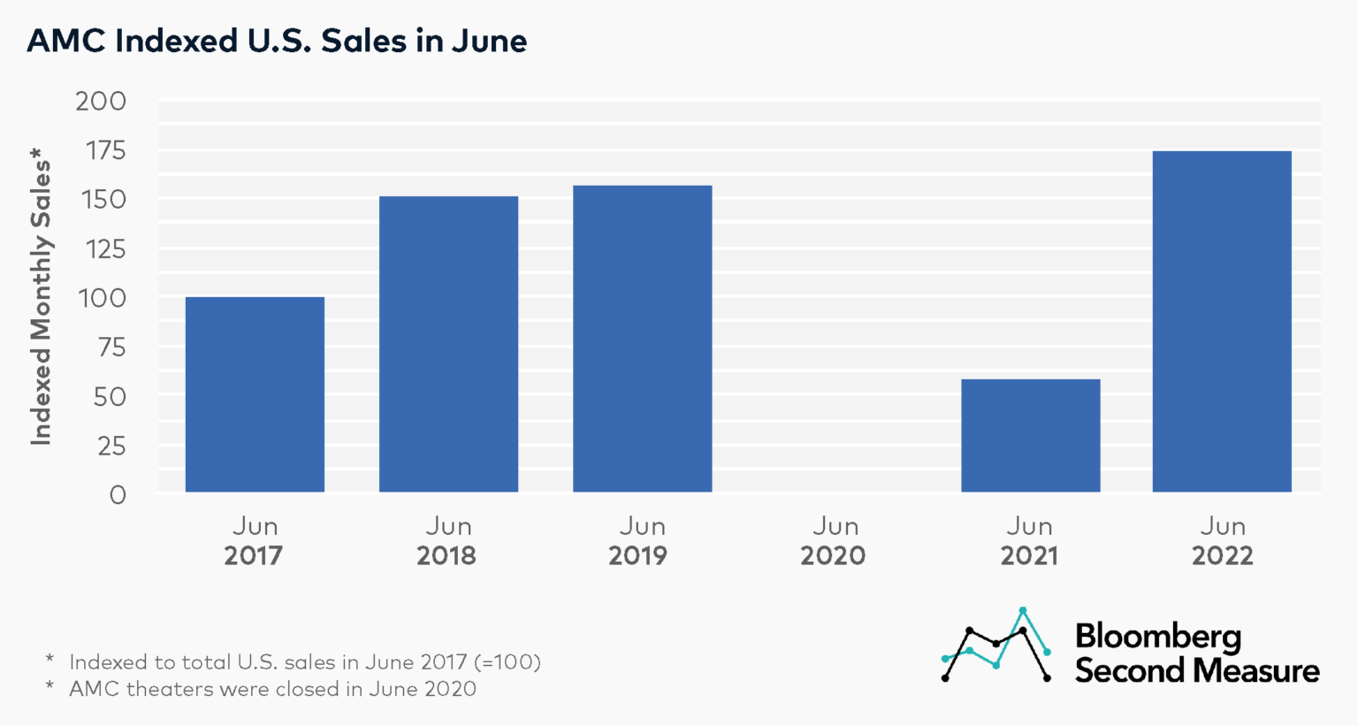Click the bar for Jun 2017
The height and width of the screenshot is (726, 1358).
(x=255, y=394)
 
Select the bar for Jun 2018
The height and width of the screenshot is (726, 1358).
(x=448, y=344)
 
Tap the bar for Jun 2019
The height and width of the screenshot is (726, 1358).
(x=642, y=339)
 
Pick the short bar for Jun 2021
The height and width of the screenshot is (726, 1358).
(x=1030, y=435)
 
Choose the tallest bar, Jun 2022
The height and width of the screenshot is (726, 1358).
(x=1222, y=322)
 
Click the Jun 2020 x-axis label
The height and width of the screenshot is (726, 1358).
(x=834, y=541)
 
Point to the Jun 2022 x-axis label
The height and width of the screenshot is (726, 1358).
(x=1222, y=541)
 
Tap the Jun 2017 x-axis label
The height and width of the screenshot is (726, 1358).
(x=255, y=541)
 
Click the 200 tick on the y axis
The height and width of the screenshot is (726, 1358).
(x=101, y=102)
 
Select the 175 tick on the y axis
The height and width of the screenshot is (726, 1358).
(x=104, y=151)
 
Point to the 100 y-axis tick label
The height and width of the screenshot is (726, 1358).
(x=103, y=298)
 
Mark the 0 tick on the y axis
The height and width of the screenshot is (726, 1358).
(x=118, y=495)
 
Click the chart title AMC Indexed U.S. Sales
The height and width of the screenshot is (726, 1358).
(x=277, y=41)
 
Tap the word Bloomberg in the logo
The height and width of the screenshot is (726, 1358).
(x=1157, y=637)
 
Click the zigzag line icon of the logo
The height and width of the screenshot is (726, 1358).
(x=996, y=646)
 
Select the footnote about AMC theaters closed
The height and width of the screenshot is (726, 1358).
(x=272, y=689)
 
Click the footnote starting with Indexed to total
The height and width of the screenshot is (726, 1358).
(x=304, y=661)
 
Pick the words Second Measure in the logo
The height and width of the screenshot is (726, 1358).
(x=1196, y=670)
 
